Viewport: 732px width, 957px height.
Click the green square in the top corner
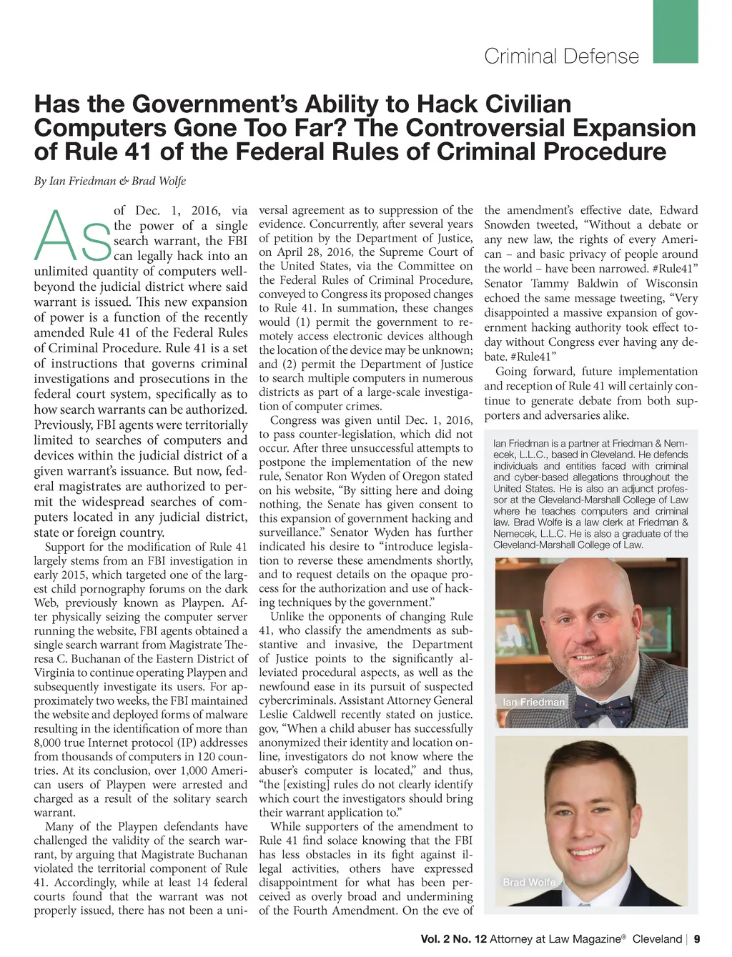675,31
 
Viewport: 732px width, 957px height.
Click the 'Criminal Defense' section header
561,56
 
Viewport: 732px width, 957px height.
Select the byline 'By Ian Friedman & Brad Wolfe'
110,181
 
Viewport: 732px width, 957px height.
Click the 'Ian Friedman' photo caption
533,702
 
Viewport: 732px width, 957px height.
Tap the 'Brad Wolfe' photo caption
529,882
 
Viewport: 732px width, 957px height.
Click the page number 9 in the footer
697,939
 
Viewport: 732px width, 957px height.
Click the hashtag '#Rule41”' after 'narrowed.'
671,269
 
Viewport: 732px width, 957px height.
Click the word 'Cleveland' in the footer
657,939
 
